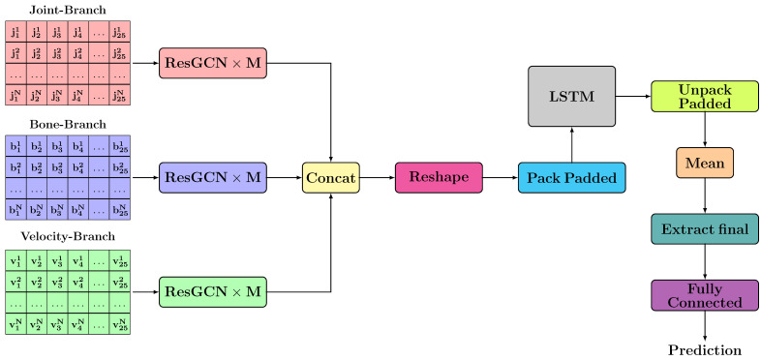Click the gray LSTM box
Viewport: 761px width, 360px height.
point(571,96)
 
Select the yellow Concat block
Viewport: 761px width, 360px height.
point(331,178)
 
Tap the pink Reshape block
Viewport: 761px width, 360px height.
point(438,178)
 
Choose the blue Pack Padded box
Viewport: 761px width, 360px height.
point(571,178)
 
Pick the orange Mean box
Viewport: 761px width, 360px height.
point(705,163)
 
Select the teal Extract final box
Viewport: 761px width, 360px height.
point(705,228)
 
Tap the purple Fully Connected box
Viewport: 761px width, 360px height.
point(705,294)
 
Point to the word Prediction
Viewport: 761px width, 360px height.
point(705,349)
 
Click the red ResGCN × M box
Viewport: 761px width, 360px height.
point(212,63)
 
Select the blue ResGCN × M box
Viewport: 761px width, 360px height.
point(212,178)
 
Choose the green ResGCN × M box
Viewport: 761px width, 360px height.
point(212,291)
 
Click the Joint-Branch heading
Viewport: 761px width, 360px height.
point(68,10)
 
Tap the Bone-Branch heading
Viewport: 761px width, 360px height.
point(68,125)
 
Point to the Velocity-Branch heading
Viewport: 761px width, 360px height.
point(68,237)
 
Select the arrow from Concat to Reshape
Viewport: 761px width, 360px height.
point(378,178)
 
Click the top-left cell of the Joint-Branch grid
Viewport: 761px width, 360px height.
point(15,32)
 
